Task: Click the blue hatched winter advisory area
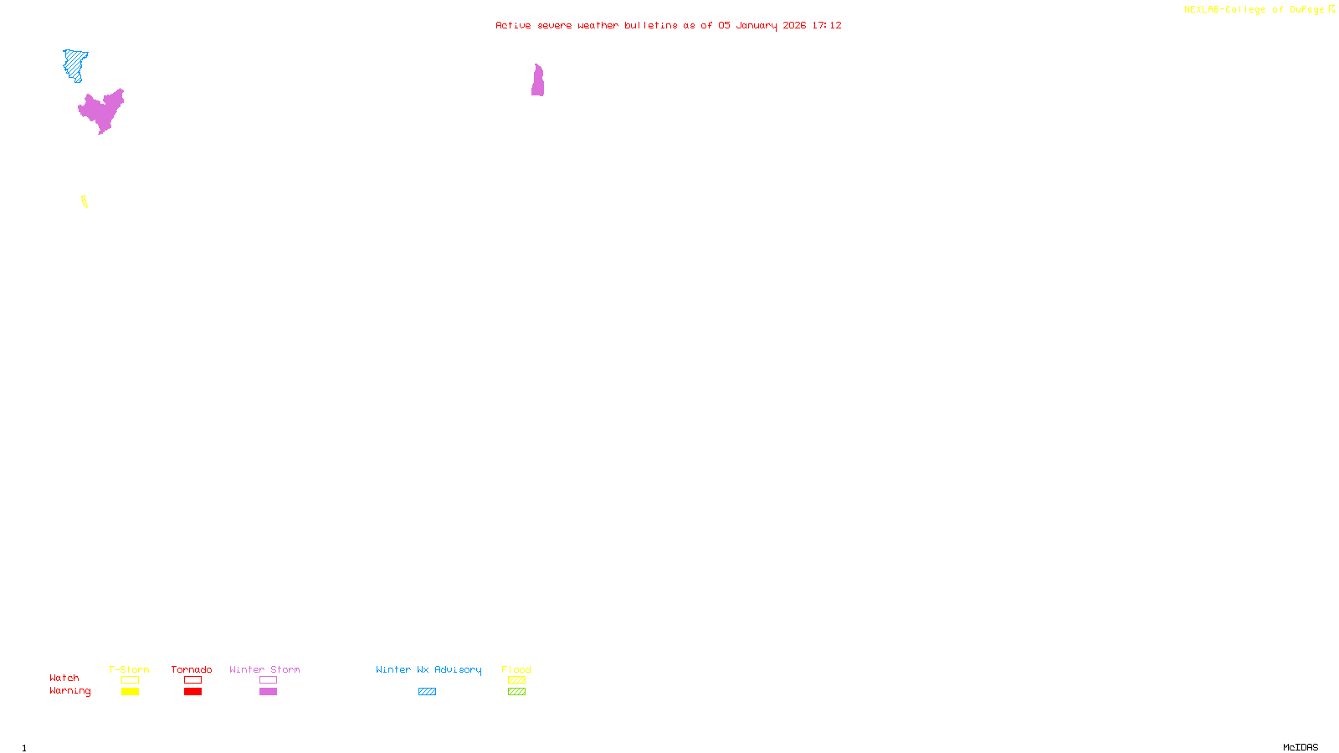(74, 64)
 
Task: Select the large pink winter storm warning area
(102, 111)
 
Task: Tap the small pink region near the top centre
(537, 82)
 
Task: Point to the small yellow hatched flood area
(84, 201)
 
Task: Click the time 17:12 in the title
(827, 25)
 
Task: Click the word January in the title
(757, 25)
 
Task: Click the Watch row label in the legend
(64, 678)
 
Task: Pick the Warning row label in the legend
(69, 691)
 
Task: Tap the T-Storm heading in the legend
(129, 669)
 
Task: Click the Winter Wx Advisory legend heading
(428, 669)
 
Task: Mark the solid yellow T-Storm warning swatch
(130, 692)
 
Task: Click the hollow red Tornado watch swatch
(192, 680)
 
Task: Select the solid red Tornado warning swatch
(192, 692)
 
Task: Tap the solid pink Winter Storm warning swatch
(268, 692)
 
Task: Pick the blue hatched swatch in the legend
(427, 692)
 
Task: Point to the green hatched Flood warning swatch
(516, 692)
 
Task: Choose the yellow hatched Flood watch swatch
(516, 680)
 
